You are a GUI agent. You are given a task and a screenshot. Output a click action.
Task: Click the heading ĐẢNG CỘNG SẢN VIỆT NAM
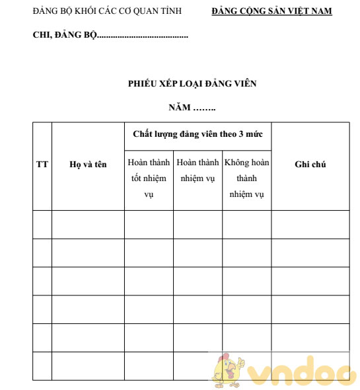pyautogui.click(x=271, y=11)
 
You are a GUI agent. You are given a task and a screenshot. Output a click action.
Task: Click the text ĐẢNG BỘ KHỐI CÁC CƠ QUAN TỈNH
pyautogui.click(x=107, y=11)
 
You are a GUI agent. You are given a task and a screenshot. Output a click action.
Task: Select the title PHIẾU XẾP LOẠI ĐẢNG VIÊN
pyautogui.click(x=192, y=84)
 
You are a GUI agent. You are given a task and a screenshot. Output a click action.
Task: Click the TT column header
pyautogui.click(x=42, y=165)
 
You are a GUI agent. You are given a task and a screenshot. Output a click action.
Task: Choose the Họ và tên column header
pyautogui.click(x=88, y=165)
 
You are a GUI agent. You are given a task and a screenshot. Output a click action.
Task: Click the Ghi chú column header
pyautogui.click(x=310, y=165)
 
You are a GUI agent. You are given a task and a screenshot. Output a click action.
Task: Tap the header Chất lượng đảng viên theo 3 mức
pyautogui.click(x=198, y=134)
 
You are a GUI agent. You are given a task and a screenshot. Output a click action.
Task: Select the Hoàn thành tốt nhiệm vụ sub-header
pyautogui.click(x=149, y=178)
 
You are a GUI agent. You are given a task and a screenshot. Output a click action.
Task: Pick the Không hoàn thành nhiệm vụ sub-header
pyautogui.click(x=246, y=178)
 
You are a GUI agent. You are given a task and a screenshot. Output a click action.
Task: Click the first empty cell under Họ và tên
pyautogui.click(x=88, y=224)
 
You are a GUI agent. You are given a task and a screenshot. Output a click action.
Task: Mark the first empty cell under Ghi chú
pyautogui.click(x=310, y=224)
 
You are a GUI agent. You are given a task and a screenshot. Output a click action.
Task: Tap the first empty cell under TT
pyautogui.click(x=42, y=224)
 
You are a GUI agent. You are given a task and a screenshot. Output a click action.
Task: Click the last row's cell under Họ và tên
pyautogui.click(x=88, y=366)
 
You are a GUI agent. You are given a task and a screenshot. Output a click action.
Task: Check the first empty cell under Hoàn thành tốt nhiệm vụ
pyautogui.click(x=149, y=224)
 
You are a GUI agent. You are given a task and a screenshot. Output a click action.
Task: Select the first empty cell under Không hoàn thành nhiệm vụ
pyautogui.click(x=246, y=224)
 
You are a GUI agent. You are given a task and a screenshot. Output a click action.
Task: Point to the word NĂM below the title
pyautogui.click(x=179, y=107)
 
